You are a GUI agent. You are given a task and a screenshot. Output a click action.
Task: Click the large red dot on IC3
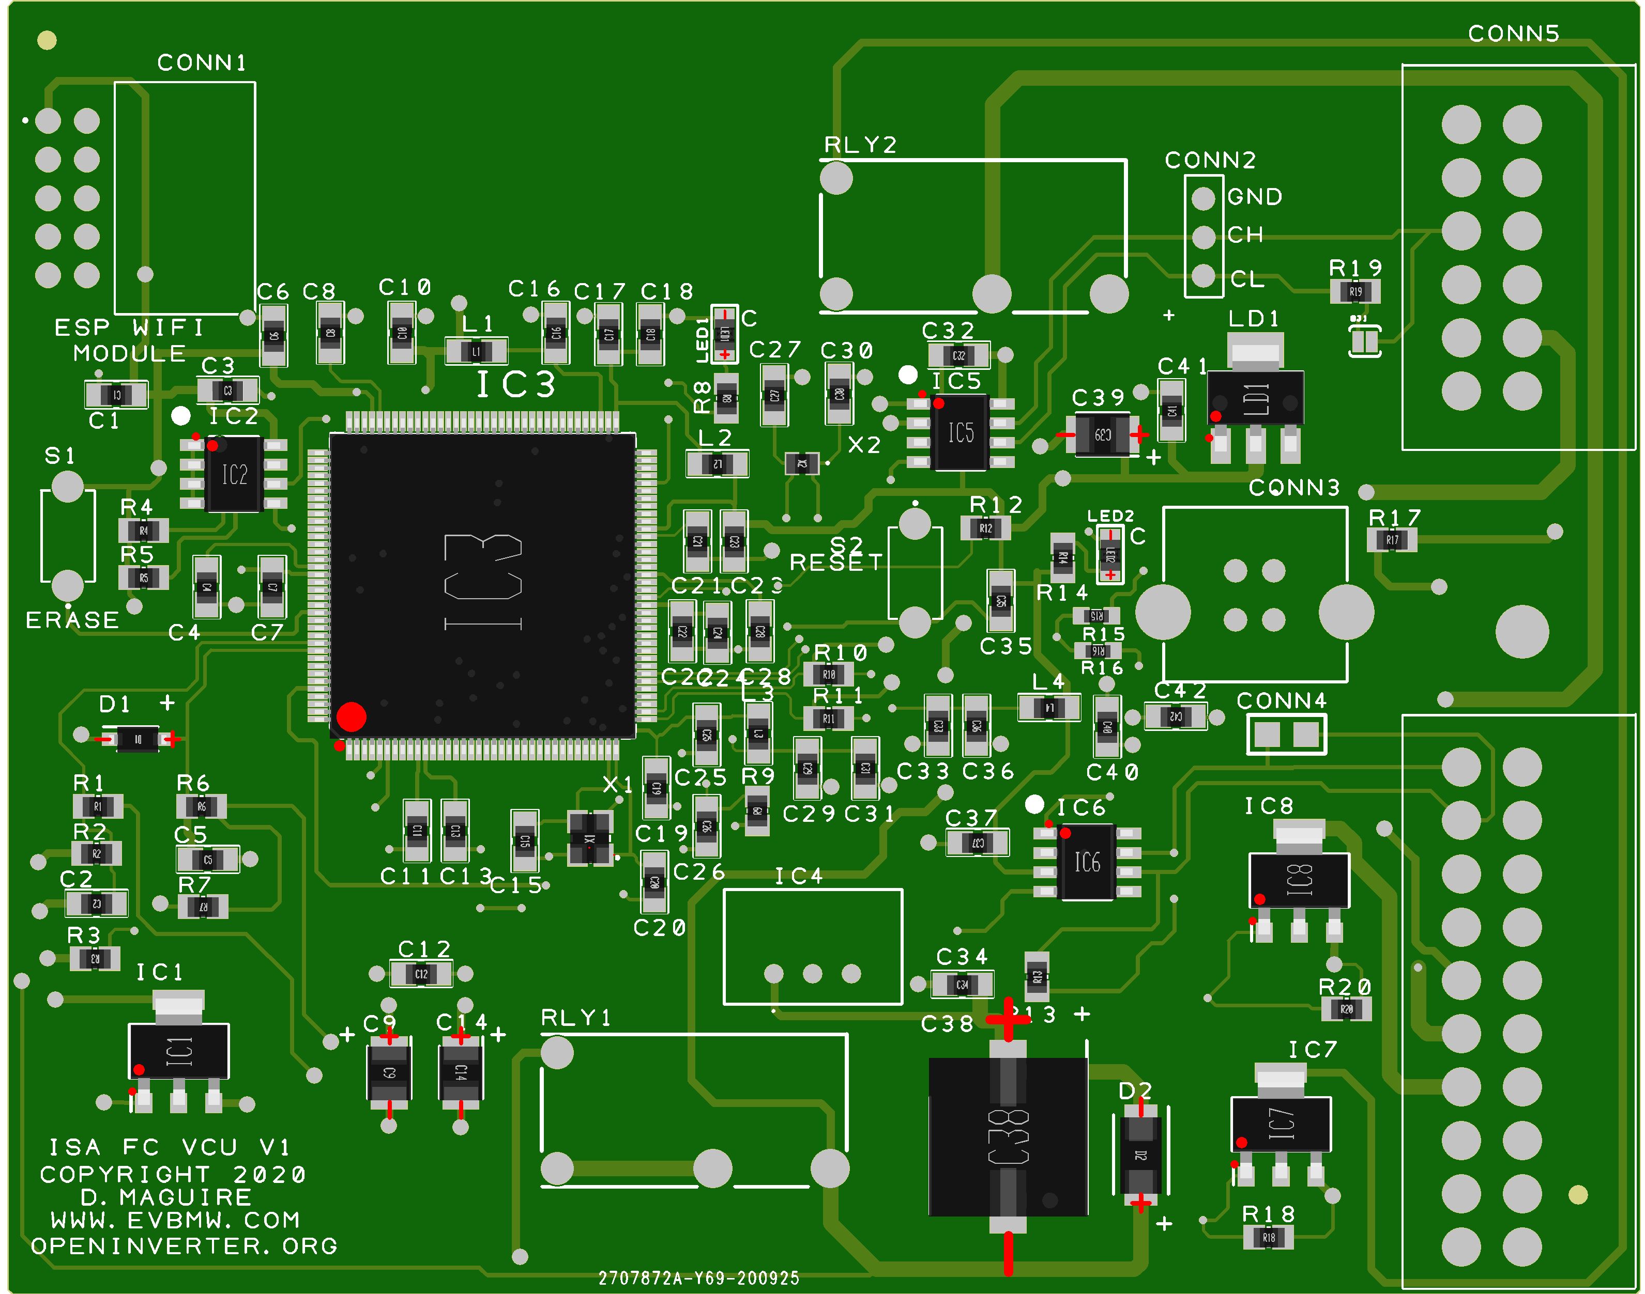coord(351,716)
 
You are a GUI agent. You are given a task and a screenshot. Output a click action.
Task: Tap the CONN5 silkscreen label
coord(1513,34)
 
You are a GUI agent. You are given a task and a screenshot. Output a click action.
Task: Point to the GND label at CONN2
coord(1255,197)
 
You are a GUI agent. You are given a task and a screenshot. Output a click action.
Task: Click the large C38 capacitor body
coord(1008,1136)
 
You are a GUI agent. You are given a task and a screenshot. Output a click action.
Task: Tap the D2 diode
coord(1140,1155)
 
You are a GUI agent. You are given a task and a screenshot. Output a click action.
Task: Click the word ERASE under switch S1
coord(72,620)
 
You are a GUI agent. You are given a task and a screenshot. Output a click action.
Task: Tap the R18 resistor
coord(1268,1238)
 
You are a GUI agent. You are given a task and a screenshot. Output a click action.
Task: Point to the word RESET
coord(836,563)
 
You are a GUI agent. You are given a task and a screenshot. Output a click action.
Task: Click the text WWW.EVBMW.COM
coord(175,1221)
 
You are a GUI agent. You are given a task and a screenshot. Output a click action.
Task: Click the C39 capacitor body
coord(1102,435)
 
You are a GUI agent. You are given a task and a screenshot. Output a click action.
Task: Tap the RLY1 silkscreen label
coord(576,1018)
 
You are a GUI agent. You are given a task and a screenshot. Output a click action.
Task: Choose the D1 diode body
coord(137,739)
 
